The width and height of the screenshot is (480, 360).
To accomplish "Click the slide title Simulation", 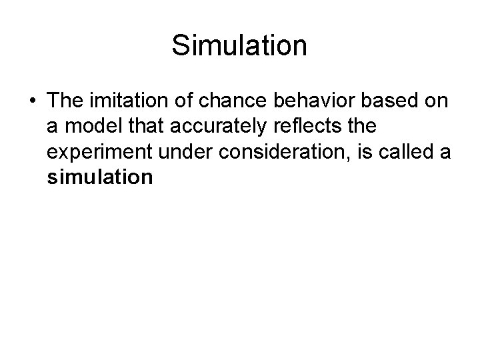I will [x=239, y=46].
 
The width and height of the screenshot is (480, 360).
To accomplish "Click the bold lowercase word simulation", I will [x=101, y=178].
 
